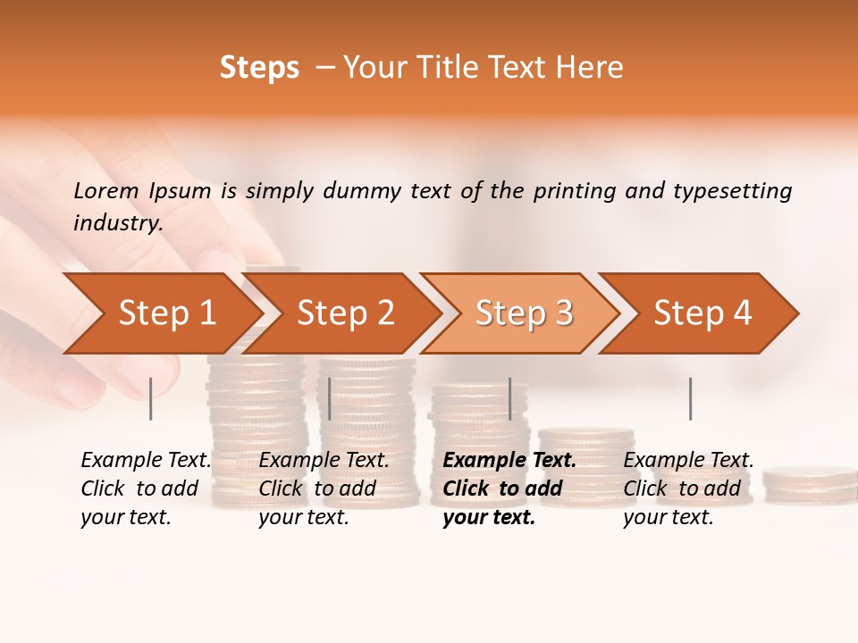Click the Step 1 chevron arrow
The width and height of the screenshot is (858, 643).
(x=165, y=313)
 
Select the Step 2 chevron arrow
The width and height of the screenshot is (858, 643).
(x=344, y=313)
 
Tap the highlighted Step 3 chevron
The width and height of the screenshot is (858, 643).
(x=523, y=313)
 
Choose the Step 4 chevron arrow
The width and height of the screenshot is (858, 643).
(x=702, y=313)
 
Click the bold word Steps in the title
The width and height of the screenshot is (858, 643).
(x=259, y=68)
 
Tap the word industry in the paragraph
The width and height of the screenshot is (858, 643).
(x=118, y=222)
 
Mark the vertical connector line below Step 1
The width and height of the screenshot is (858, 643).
(x=151, y=398)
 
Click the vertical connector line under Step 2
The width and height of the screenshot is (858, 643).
(x=330, y=398)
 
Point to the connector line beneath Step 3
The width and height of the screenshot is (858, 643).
(x=509, y=398)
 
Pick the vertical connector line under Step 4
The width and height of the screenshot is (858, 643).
(x=690, y=398)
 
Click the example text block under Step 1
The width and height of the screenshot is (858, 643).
(x=146, y=489)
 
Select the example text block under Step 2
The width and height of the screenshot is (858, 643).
(x=324, y=489)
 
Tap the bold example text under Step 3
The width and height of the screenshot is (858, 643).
(x=509, y=489)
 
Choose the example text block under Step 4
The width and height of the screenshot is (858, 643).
(x=688, y=489)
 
